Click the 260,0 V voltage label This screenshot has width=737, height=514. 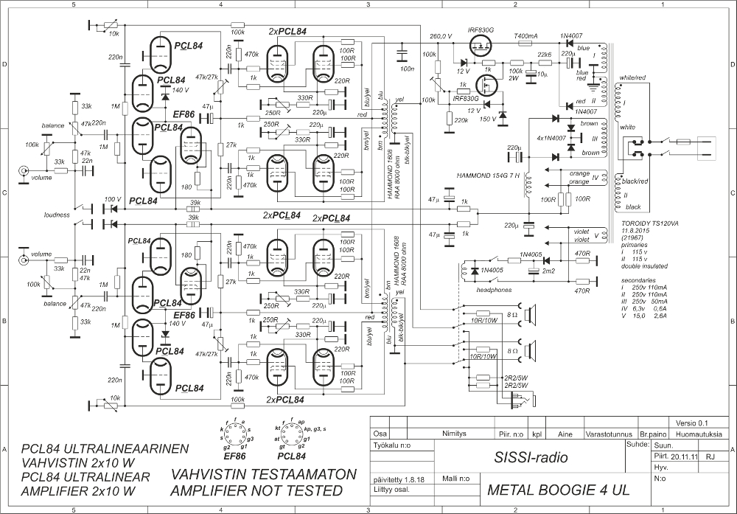click(x=441, y=36)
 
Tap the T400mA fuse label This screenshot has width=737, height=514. click(x=525, y=36)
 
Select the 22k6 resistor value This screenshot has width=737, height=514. click(x=545, y=55)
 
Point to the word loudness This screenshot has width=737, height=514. click(x=55, y=215)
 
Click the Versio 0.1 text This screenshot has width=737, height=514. click(x=691, y=423)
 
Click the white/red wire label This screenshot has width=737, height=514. click(x=633, y=77)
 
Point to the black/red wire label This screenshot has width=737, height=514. click(x=635, y=181)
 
